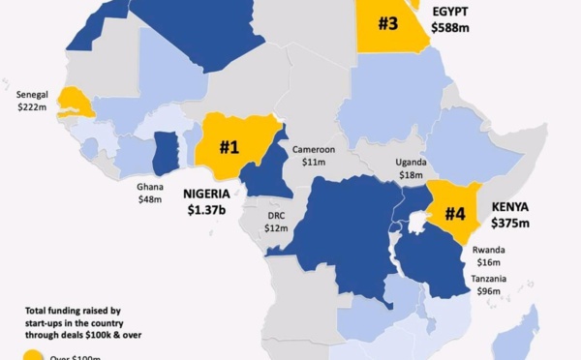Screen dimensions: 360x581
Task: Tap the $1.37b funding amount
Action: click(x=207, y=209)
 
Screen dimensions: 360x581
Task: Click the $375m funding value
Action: click(x=511, y=224)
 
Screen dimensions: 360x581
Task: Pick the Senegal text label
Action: click(x=34, y=95)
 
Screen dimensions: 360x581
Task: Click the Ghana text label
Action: click(x=150, y=186)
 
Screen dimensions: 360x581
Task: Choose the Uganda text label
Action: click(x=412, y=162)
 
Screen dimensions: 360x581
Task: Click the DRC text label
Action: click(x=277, y=215)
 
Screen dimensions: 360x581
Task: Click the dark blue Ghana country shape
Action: click(x=167, y=151)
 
